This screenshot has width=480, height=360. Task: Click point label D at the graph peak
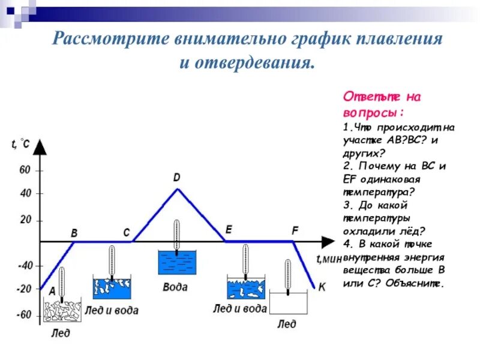point(176,178)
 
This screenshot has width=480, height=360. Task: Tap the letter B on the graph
point(74,232)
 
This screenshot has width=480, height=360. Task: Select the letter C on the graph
point(127,232)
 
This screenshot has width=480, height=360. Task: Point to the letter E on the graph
point(229,230)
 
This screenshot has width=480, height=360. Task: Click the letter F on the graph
point(295,230)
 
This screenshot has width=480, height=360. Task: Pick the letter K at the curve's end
point(322,287)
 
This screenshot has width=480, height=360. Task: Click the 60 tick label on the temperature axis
point(25,170)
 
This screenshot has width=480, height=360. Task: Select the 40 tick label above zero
point(25,194)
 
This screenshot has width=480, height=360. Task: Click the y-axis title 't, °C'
point(20,143)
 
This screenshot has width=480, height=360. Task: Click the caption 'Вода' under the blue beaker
point(175,287)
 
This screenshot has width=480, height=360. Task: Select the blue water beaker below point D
point(176,263)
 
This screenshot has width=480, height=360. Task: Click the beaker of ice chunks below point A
point(61,311)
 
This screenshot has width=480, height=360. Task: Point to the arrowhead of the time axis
point(328,241)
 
